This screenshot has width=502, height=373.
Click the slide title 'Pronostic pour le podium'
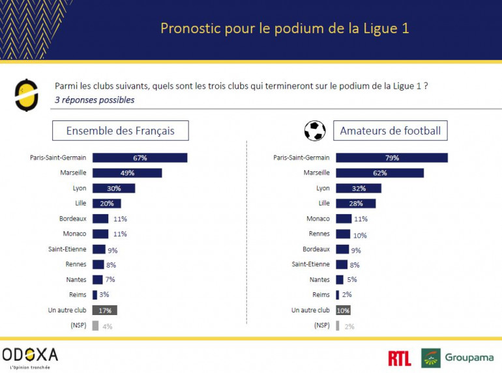click(285, 29)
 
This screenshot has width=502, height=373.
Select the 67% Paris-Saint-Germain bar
click(140, 158)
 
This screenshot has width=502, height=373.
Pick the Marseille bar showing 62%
click(379, 173)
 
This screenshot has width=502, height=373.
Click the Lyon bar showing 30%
click(113, 188)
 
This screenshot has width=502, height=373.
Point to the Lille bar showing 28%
click(355, 204)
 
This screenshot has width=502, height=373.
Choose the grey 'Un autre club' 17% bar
click(104, 311)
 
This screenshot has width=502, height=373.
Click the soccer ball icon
click(315, 130)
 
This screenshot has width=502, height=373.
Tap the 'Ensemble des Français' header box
click(121, 131)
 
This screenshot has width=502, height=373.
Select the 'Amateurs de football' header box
click(390, 131)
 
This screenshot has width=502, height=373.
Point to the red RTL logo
click(399, 358)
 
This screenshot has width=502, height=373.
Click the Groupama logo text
click(469, 358)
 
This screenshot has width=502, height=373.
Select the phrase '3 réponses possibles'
click(95, 100)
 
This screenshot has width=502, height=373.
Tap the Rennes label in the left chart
click(76, 264)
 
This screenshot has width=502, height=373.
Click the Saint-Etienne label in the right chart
click(311, 264)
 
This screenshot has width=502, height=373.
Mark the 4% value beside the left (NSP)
click(107, 326)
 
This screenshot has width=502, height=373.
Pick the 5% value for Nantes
click(352, 280)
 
